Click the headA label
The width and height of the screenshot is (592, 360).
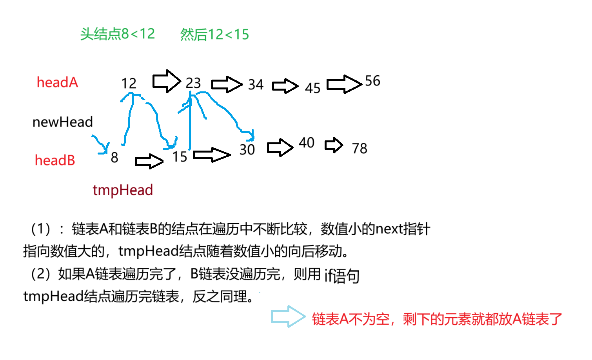pyautogui.click(x=57, y=82)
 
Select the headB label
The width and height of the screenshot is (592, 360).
pyautogui.click(x=55, y=160)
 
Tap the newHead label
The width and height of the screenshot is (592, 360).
pyautogui.click(x=63, y=122)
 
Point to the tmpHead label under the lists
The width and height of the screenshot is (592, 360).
pyautogui.click(x=123, y=190)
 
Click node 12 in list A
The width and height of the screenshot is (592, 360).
pyautogui.click(x=129, y=83)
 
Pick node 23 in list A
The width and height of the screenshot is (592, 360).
pyautogui.click(x=193, y=83)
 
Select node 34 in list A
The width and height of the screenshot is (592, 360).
pyautogui.click(x=256, y=84)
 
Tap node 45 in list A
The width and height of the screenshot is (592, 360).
pyautogui.click(x=312, y=88)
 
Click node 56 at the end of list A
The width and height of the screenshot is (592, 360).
pyautogui.click(x=372, y=81)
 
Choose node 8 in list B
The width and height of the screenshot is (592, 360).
pyautogui.click(x=114, y=157)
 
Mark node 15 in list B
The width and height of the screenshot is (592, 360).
pyautogui.click(x=180, y=157)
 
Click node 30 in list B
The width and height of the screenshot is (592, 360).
pyautogui.click(x=247, y=149)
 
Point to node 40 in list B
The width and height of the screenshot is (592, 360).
pyautogui.click(x=307, y=143)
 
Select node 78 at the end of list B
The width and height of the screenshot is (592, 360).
pyautogui.click(x=360, y=148)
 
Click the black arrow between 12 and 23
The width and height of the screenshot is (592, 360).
pyautogui.click(x=166, y=81)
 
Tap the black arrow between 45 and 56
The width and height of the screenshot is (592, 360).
pyautogui.click(x=344, y=84)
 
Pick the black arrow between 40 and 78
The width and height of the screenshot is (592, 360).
pyautogui.click(x=334, y=145)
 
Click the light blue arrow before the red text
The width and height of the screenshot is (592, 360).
pyautogui.click(x=288, y=316)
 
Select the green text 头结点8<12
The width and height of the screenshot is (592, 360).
pyautogui.click(x=118, y=34)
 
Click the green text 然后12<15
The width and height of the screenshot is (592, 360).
pyautogui.click(x=214, y=35)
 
